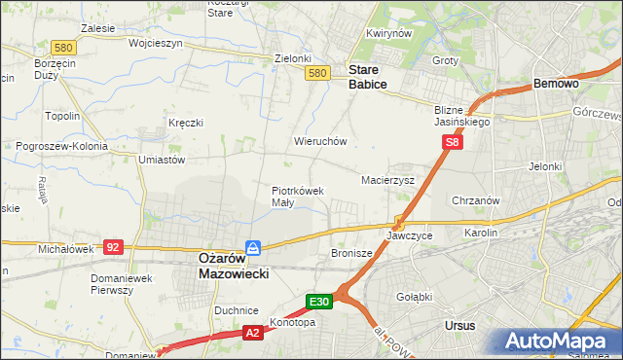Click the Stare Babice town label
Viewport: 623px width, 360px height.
(x=368, y=77)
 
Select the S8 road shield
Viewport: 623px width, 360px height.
(x=451, y=142)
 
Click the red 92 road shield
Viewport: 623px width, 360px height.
(x=113, y=247)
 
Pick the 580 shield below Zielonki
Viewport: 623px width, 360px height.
(x=316, y=73)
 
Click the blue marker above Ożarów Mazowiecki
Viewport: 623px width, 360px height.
(x=252, y=247)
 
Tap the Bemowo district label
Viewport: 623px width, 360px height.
(x=557, y=85)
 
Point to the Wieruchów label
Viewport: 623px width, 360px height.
(x=320, y=141)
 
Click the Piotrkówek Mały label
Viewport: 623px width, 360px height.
(x=297, y=197)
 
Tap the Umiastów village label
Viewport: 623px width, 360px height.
(x=162, y=159)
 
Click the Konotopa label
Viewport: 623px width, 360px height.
(x=292, y=322)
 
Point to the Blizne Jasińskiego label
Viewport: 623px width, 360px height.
(x=461, y=116)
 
